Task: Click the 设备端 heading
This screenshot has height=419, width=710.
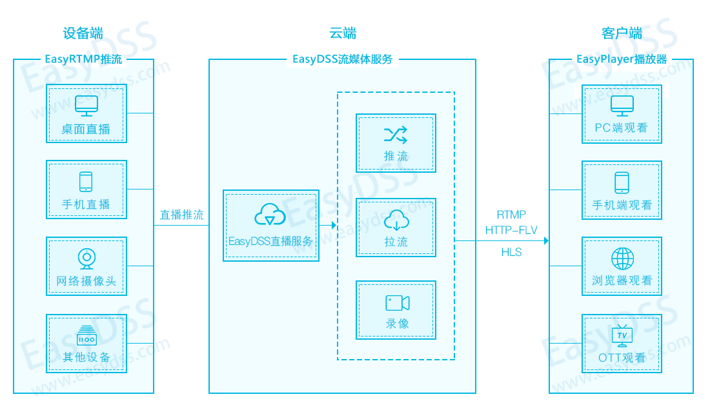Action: (x=83, y=33)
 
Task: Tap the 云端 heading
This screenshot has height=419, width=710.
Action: (x=343, y=33)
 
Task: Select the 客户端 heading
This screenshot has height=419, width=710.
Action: (x=622, y=33)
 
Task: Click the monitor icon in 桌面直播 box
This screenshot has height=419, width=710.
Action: (x=86, y=106)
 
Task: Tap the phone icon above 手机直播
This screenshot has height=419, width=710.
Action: (x=86, y=182)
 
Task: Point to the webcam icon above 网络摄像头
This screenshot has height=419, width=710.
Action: (x=86, y=258)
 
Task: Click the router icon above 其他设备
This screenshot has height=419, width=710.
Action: (x=86, y=336)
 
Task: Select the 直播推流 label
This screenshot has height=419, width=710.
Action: (x=181, y=215)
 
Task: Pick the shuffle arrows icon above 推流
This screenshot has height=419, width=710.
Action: (x=396, y=135)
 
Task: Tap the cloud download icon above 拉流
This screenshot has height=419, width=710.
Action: (x=397, y=220)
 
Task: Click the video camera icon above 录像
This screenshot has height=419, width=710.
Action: (x=397, y=303)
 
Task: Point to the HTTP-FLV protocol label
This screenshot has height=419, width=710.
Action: (x=511, y=231)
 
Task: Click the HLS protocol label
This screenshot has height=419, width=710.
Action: (x=512, y=252)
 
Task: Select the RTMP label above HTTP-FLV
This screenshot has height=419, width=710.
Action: (x=511, y=215)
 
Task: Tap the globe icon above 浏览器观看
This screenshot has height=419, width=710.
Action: (x=623, y=258)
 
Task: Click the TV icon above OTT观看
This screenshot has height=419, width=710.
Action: (x=622, y=336)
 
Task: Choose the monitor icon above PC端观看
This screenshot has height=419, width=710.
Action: (x=622, y=106)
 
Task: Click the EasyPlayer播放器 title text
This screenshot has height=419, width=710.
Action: (x=622, y=59)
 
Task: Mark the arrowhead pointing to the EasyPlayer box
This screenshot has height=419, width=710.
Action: (x=547, y=241)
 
